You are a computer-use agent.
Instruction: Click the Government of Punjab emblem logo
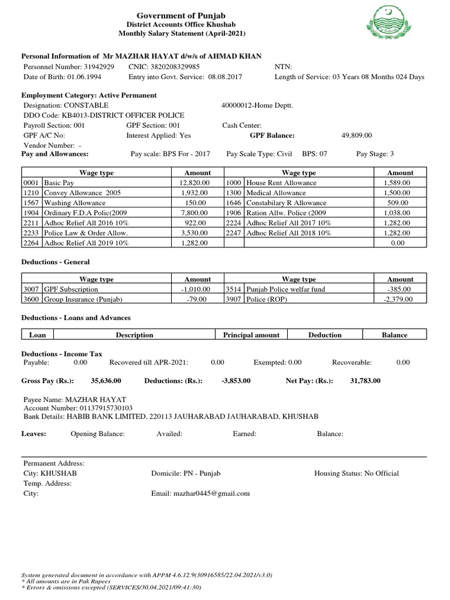click(x=390, y=25)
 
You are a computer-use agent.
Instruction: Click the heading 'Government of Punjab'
click(x=180, y=15)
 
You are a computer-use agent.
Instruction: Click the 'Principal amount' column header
click(x=251, y=335)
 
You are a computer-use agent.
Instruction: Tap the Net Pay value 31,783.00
click(x=365, y=381)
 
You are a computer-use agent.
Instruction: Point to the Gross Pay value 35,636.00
click(x=106, y=381)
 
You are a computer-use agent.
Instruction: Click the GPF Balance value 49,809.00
click(x=356, y=135)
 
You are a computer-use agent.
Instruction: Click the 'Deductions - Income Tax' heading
click(x=62, y=354)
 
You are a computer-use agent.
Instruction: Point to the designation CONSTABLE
click(x=87, y=105)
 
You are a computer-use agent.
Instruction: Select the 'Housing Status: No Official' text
click(x=356, y=473)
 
